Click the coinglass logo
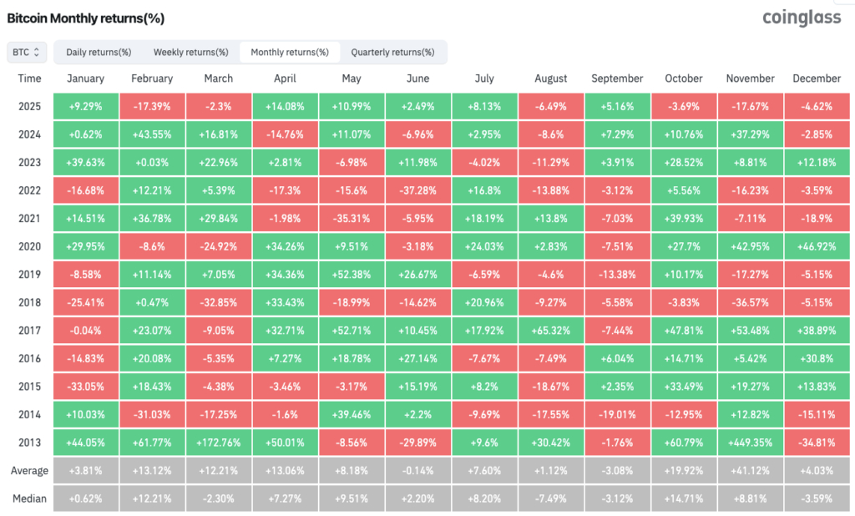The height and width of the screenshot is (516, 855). click(802, 18)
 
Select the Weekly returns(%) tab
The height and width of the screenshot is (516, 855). click(191, 53)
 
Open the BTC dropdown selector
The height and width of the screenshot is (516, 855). click(27, 53)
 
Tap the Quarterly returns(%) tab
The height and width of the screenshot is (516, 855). click(392, 53)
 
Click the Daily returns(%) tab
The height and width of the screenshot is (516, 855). click(99, 53)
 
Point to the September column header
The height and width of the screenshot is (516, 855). click(617, 78)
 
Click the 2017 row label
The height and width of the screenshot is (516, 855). click(29, 331)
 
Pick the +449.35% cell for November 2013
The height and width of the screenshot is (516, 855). click(751, 443)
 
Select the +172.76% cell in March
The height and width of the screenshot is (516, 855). click(219, 443)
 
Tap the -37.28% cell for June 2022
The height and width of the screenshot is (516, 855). click(417, 190)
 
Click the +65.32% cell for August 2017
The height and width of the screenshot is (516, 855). click(551, 331)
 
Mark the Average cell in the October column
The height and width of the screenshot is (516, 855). click(684, 471)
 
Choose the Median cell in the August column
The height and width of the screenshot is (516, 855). click(551, 498)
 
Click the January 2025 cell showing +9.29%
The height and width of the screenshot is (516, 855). click(86, 106)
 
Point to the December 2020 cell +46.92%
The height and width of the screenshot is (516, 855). click(817, 246)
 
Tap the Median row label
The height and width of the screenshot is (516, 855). click(29, 498)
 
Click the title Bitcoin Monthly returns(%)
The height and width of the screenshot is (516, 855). click(86, 18)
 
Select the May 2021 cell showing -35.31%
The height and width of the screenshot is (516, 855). click(352, 218)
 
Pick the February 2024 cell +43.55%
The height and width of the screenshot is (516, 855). click(152, 134)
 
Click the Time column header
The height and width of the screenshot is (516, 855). click(29, 78)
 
